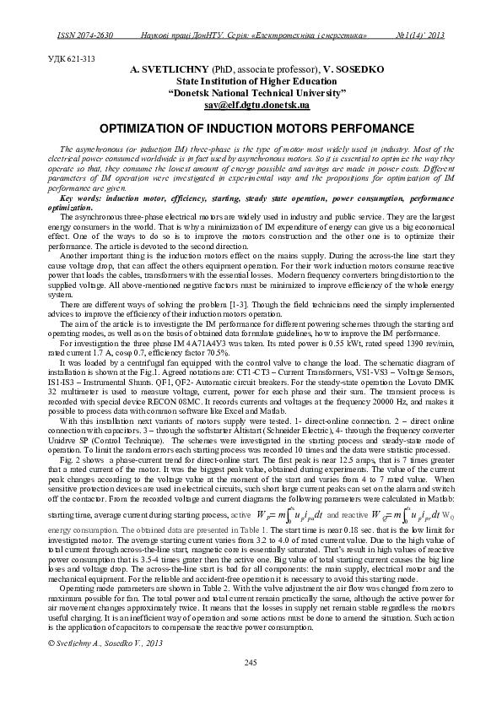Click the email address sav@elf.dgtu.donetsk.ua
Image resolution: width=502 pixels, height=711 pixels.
click(x=251, y=106)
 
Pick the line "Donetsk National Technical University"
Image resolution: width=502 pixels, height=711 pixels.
click(x=251, y=93)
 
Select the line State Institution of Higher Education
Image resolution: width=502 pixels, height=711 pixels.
click(x=251, y=81)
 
